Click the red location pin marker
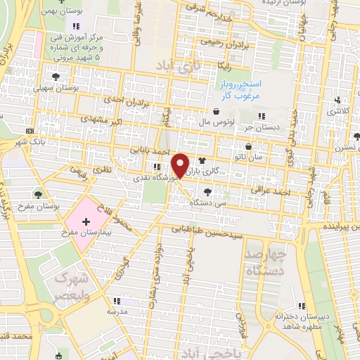tap(180, 166)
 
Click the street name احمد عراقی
tap(270, 188)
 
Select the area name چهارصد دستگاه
tap(266, 261)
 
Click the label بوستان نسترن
tap(343, 148)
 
